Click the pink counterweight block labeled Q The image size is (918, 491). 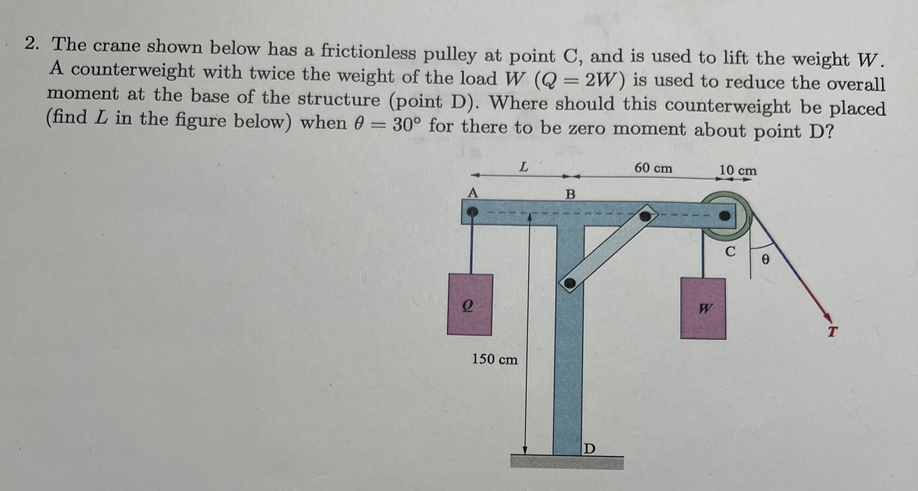pyautogui.click(x=470, y=305)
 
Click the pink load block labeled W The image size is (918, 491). pyautogui.click(x=703, y=308)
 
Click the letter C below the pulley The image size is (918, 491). pyautogui.click(x=730, y=252)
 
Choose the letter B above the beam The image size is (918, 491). pyautogui.click(x=571, y=194)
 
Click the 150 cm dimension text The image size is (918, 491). pyautogui.click(x=495, y=359)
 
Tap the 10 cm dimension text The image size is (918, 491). pyautogui.click(x=737, y=170)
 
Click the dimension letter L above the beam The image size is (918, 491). pyautogui.click(x=523, y=167)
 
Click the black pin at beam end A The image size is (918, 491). pyautogui.click(x=472, y=212)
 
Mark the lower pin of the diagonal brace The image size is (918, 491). pyautogui.click(x=569, y=284)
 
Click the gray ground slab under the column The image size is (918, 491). pyautogui.click(x=567, y=463)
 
